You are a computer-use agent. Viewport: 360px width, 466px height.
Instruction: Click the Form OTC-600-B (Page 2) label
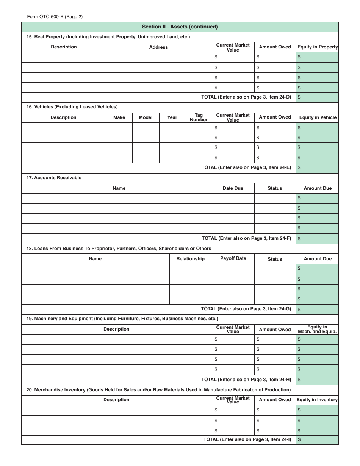pyautogui.click(x=55, y=17)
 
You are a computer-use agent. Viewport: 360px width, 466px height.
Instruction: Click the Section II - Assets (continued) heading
pyautogui.click(x=180, y=27)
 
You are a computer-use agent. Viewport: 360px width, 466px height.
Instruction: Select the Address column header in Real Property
pyautogui.click(x=158, y=47)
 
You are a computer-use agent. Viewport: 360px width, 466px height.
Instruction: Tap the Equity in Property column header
pyautogui.click(x=317, y=47)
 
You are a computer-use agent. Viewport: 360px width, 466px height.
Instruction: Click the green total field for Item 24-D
pyautogui.click(x=317, y=97)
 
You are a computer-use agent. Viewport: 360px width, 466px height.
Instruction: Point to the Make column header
pyautogui.click(x=119, y=117)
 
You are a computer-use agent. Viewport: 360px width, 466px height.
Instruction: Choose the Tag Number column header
pyautogui.click(x=199, y=117)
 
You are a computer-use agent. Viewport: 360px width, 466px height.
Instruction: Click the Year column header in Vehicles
pyautogui.click(x=172, y=117)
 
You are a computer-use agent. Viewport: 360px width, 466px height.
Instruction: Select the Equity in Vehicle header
pyautogui.click(x=318, y=117)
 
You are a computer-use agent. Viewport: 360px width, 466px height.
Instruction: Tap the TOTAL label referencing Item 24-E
pyautogui.click(x=246, y=167)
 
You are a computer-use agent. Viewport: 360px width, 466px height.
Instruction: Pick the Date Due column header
pyautogui.click(x=233, y=188)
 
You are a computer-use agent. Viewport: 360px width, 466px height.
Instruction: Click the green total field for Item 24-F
pyautogui.click(x=317, y=239)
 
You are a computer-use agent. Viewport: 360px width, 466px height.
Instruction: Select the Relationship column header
pyautogui.click(x=190, y=259)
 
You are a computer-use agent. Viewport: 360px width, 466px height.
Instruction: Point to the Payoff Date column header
pyautogui.click(x=233, y=258)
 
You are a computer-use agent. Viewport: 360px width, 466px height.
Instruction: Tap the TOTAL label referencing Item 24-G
pyautogui.click(x=246, y=309)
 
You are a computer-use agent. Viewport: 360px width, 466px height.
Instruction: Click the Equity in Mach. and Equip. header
pyautogui.click(x=317, y=329)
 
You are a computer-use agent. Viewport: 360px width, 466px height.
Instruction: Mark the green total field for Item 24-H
pyautogui.click(x=317, y=380)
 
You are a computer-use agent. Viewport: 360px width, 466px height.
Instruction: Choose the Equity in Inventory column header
pyautogui.click(x=317, y=400)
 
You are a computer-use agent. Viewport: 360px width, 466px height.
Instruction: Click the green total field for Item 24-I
pyautogui.click(x=317, y=440)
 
